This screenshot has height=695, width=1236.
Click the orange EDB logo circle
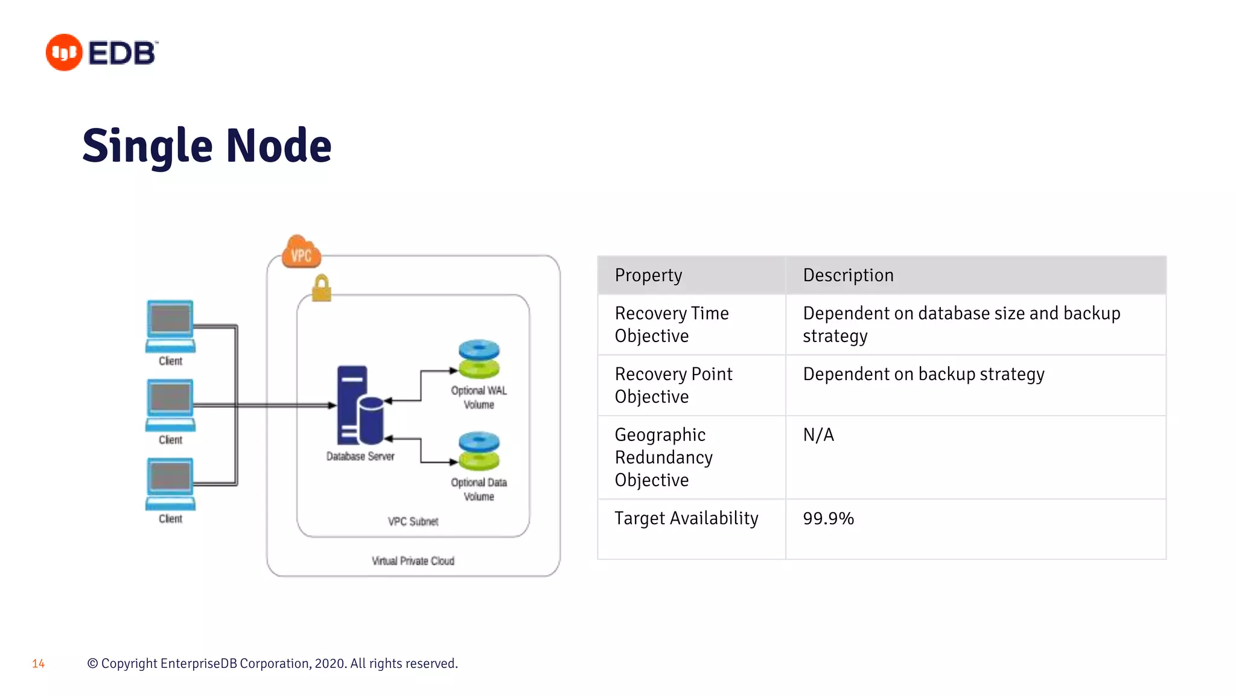click(64, 52)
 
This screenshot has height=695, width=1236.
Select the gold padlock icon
click(322, 288)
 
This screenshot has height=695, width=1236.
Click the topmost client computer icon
click(171, 326)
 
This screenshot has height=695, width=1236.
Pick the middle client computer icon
click(171, 405)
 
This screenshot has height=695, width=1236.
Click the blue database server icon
click(360, 405)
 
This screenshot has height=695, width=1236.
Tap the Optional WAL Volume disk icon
click(479, 359)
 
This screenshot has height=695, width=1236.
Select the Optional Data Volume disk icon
click(479, 451)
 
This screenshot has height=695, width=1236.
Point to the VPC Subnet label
click(413, 521)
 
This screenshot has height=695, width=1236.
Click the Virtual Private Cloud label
click(413, 561)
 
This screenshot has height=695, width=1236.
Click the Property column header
click(648, 275)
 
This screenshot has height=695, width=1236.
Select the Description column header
click(848, 275)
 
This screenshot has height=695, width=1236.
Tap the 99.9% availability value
click(828, 518)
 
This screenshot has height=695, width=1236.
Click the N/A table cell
click(818, 435)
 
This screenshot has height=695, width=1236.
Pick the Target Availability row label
click(686, 518)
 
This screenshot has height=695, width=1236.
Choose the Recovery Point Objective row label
click(674, 385)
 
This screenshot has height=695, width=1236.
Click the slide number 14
click(39, 664)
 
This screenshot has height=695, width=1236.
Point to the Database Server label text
click(360, 457)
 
